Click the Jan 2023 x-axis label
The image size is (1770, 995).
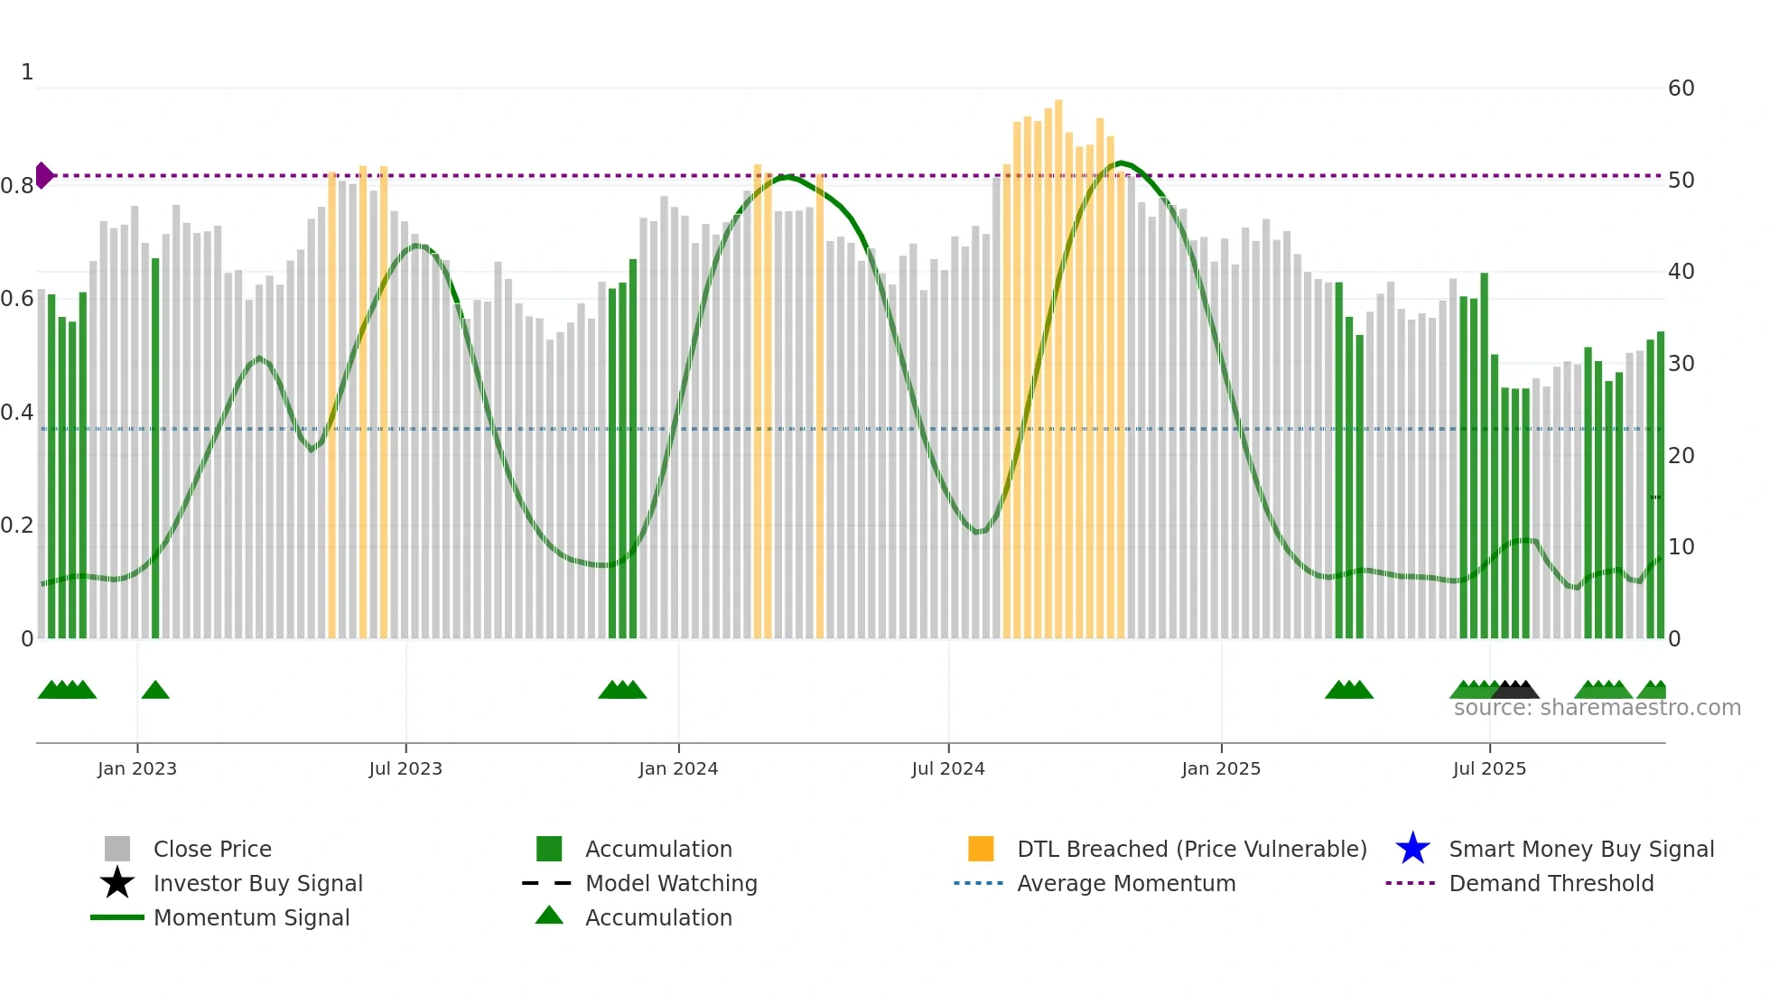137,768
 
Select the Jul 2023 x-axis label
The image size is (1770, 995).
405,768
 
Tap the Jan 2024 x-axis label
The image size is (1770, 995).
678,768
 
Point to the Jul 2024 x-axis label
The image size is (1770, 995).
948,768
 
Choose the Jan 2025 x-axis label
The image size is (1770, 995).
1221,768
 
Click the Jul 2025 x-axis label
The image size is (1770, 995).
1489,768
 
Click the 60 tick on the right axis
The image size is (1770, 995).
1681,88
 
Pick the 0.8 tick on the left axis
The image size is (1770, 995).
17,186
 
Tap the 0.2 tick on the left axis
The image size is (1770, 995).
17,525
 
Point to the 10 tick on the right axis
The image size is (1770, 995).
1681,547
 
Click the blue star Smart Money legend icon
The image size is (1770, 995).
1412,849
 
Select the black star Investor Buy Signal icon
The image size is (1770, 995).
117,883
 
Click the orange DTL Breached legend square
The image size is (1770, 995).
981,849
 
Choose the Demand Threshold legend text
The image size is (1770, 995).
1551,883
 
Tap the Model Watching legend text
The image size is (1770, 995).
671,883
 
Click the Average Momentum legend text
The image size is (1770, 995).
1126,883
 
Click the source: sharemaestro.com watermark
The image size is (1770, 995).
1597,708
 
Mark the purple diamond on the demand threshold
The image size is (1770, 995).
43,175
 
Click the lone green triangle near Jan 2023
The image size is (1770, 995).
155,691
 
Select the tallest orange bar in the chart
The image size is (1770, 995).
1058,361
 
